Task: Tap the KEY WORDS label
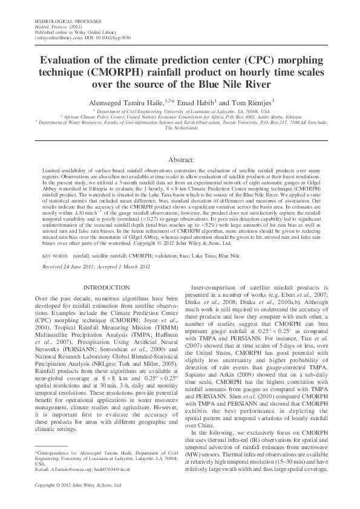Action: pos(55,256)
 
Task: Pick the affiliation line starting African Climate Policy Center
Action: pos(180,117)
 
